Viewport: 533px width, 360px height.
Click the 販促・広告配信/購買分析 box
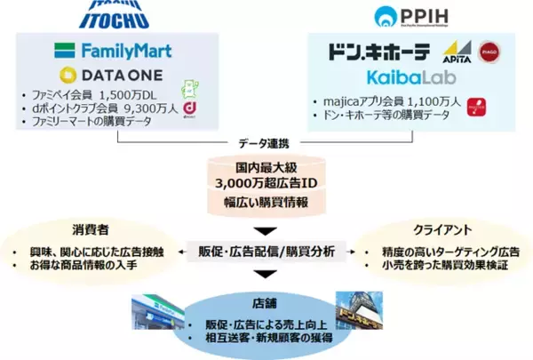pos(266,252)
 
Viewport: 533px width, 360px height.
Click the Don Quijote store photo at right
pos(361,315)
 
